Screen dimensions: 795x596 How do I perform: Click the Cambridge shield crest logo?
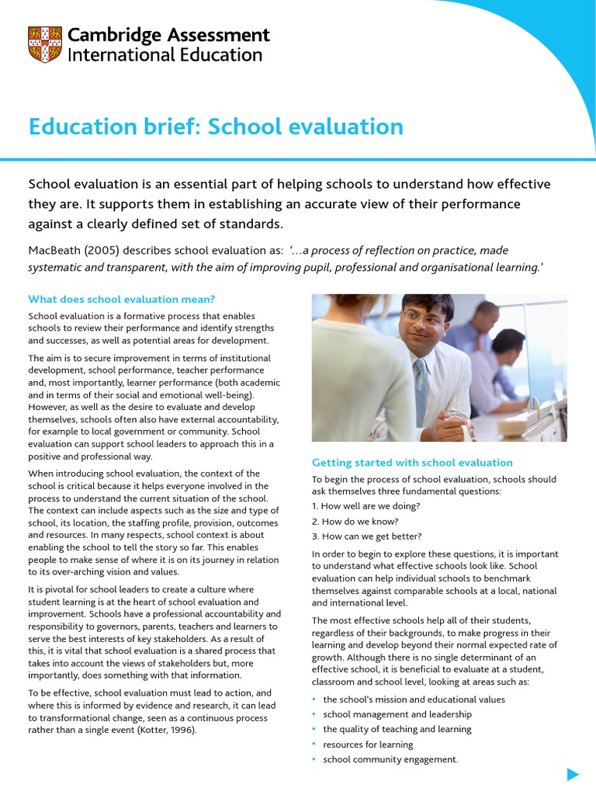point(43,45)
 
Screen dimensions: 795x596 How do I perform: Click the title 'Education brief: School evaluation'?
point(216,127)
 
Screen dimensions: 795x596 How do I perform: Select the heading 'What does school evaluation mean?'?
point(121,299)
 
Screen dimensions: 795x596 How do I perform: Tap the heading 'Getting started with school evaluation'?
point(412,463)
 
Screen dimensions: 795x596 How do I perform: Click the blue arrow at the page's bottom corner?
point(573,774)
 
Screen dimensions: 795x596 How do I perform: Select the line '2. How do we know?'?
point(355,521)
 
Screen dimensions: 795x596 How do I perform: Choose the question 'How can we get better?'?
point(366,536)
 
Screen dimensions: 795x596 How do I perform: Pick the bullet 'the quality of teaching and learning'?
point(397,729)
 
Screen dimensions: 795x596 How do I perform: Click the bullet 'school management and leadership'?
point(397,714)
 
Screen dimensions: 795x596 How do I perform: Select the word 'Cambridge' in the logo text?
point(116,35)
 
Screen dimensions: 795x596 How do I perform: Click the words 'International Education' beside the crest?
point(165,55)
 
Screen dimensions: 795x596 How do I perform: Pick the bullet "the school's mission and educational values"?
point(414,700)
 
